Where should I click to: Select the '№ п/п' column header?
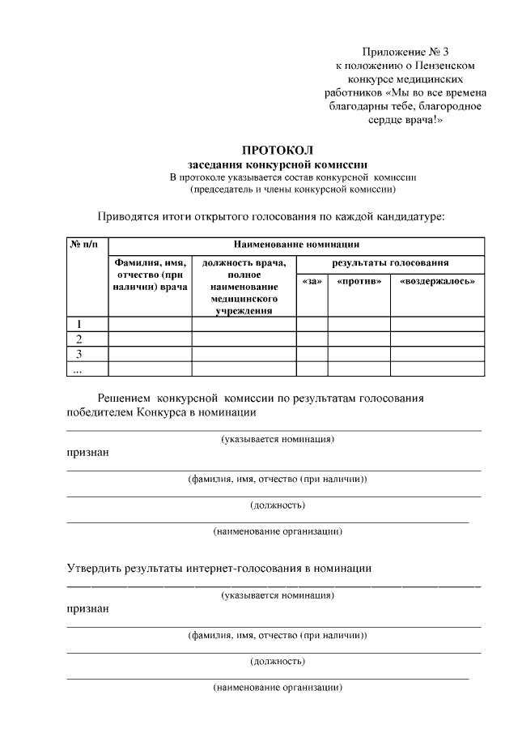click(x=86, y=244)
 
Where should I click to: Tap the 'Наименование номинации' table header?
click(x=296, y=244)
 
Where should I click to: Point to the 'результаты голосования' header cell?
click(x=391, y=263)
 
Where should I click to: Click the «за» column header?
click(x=312, y=281)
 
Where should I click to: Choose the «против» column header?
click(x=359, y=281)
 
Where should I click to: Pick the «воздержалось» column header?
click(x=438, y=281)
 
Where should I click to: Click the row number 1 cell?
click(x=79, y=324)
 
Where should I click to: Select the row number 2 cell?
click(x=79, y=339)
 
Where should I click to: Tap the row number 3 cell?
click(x=79, y=354)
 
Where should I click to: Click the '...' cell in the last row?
click(x=79, y=369)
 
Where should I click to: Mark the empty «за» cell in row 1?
click(x=312, y=324)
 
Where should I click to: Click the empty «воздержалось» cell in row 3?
click(x=438, y=354)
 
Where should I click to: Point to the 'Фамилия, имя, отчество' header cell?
click(x=150, y=275)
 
